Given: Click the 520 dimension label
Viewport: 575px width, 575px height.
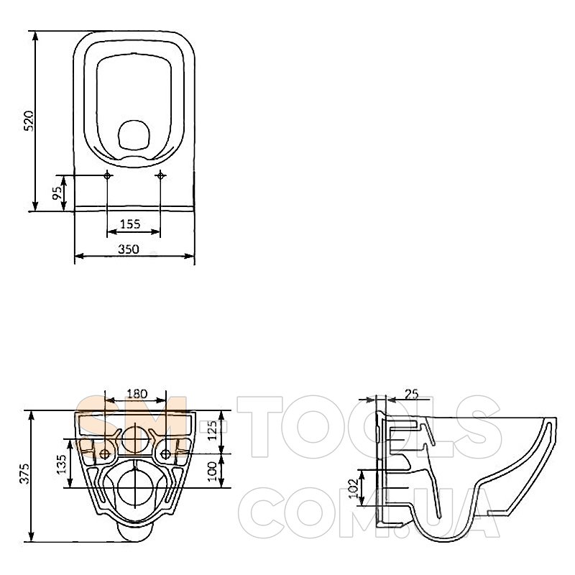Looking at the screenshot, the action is tap(29, 120).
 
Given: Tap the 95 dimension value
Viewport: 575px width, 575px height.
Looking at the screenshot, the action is tap(57, 193).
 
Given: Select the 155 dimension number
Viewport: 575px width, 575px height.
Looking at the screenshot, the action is tap(130, 224).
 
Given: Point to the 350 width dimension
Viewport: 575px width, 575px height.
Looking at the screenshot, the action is tap(129, 249).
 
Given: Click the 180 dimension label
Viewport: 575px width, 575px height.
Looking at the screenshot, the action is tap(137, 394).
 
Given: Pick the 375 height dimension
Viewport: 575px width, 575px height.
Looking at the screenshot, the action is tap(25, 474).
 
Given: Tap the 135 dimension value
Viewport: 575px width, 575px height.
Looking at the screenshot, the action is tap(62, 464).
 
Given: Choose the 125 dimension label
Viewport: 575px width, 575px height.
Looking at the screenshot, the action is tap(212, 431).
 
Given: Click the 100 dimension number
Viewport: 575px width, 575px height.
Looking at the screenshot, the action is tap(212, 471).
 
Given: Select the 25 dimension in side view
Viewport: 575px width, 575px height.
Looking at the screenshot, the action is tap(411, 394).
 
